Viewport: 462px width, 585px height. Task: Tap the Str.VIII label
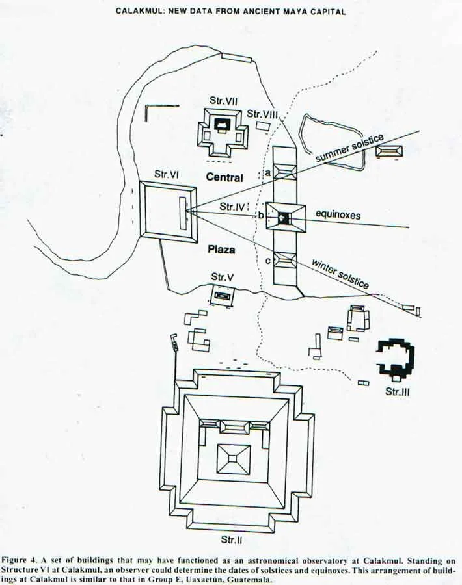[263, 114]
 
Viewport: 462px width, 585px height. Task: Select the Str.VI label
[167, 174]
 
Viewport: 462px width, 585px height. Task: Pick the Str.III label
[397, 392]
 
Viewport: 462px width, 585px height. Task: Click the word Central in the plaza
[224, 177]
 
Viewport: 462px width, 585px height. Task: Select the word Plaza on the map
[222, 249]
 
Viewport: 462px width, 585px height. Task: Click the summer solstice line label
[349, 148]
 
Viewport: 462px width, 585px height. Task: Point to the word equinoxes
[338, 214]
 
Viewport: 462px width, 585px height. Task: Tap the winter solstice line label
[340, 274]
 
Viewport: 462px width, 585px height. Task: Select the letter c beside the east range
[268, 261]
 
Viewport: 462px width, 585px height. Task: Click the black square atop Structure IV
[283, 218]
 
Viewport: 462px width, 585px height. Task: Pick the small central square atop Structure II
[233, 460]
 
